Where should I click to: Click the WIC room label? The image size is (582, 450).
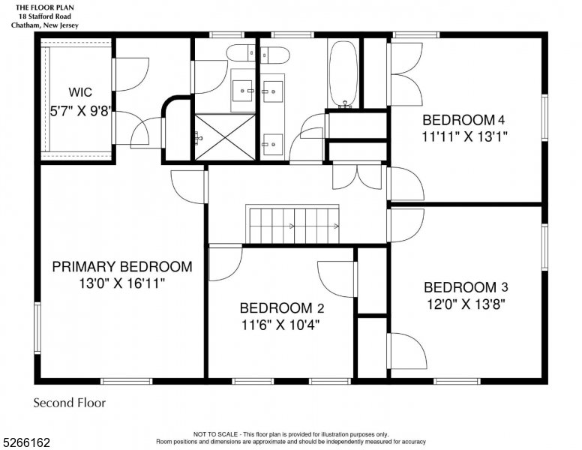click(x=80, y=92)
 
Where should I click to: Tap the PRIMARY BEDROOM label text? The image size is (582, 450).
click(x=122, y=267)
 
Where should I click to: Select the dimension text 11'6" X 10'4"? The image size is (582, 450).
click(x=280, y=325)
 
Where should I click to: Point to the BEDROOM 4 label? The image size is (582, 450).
click(x=463, y=120)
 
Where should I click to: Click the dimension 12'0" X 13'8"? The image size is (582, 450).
click(x=466, y=304)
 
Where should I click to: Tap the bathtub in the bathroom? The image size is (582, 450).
click(x=343, y=74)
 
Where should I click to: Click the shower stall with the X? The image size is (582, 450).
click(x=225, y=137)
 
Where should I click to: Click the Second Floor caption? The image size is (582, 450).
click(x=70, y=403)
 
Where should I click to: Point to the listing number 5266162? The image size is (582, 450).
click(x=26, y=442)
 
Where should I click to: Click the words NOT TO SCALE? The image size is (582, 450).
click(x=215, y=434)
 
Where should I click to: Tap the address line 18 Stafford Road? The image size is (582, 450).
click(x=45, y=16)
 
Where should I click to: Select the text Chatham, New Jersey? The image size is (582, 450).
click(x=45, y=25)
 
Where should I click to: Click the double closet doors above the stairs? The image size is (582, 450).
click(x=357, y=177)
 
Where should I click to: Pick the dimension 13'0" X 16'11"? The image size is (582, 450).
click(x=121, y=284)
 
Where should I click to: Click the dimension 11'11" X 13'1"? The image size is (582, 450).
click(x=464, y=137)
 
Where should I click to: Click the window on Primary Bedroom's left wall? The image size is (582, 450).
click(x=37, y=328)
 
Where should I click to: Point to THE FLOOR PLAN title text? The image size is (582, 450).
click(x=45, y=7)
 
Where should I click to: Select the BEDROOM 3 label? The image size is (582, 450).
click(x=466, y=287)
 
